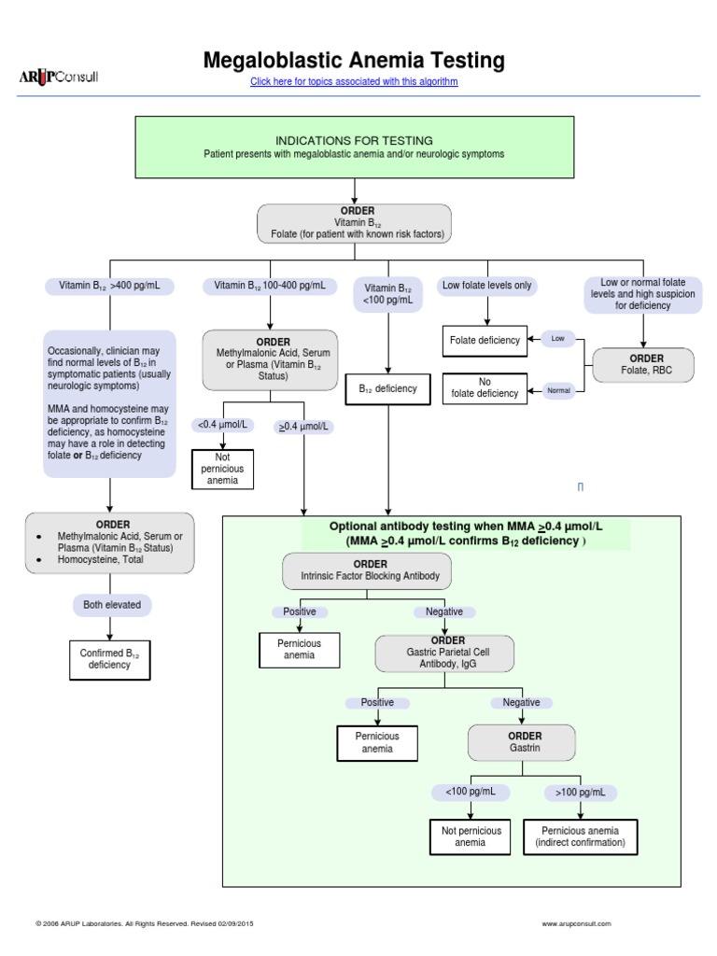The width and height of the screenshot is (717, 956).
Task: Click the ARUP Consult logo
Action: pyautogui.click(x=58, y=77)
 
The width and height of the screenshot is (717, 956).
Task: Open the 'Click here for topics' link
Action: pyautogui.click(x=354, y=82)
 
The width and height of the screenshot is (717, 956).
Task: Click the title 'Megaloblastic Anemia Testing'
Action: pyautogui.click(x=354, y=61)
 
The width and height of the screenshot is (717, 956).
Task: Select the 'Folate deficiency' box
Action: pyautogui.click(x=485, y=340)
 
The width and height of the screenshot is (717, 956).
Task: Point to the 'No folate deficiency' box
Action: pyautogui.click(x=485, y=387)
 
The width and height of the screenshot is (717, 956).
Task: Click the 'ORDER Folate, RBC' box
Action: pyautogui.click(x=642, y=366)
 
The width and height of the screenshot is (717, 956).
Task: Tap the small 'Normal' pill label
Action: pyautogui.click(x=558, y=390)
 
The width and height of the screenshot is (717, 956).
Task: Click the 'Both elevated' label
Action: pyautogui.click(x=112, y=605)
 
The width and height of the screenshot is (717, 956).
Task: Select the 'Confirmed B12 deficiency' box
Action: pyautogui.click(x=110, y=658)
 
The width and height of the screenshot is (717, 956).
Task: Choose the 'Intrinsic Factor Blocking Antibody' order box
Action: pyautogui.click(x=370, y=571)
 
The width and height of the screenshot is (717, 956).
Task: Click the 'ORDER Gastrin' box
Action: pyautogui.click(x=525, y=742)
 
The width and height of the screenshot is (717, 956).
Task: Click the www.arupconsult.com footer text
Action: pyautogui.click(x=576, y=923)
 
